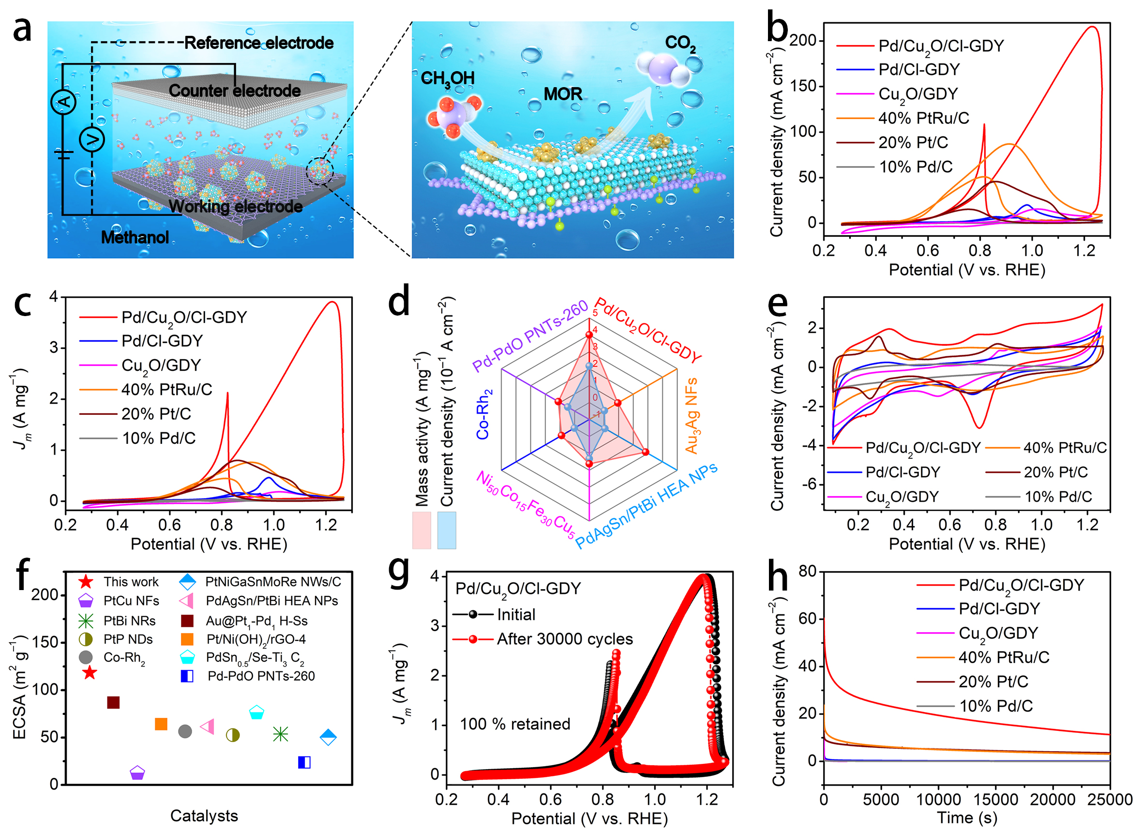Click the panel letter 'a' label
pos(22,30)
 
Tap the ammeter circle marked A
pos(64,102)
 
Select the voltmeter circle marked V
pos(92,140)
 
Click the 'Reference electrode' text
pos(259,43)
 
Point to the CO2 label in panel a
pos(680,44)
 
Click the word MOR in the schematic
pos(563,94)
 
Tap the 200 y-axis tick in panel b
pos(803,41)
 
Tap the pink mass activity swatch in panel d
pos(421,530)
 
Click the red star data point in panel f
pos(90,673)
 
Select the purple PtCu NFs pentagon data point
pos(137,773)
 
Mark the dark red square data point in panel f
pos(114,702)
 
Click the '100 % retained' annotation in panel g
pos(515,724)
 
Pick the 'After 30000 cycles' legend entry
pos(564,639)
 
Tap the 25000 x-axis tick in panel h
pos(1110,800)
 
